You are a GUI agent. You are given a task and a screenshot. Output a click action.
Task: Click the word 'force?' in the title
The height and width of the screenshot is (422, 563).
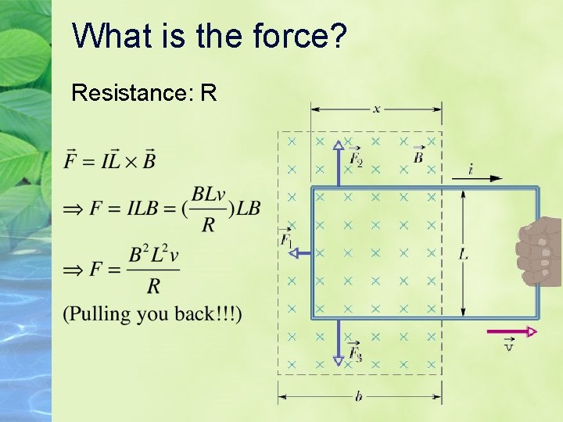tap(299, 35)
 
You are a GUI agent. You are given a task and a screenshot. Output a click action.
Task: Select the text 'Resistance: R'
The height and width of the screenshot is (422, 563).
tap(144, 93)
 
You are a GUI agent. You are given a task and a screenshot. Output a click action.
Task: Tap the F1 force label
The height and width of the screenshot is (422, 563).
tap(287, 239)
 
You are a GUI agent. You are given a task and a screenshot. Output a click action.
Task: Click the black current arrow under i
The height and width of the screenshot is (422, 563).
tap(477, 179)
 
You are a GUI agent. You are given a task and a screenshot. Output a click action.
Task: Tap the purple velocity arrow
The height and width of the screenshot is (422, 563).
tap(511, 331)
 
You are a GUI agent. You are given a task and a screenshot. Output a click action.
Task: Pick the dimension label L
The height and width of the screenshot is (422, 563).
tap(464, 254)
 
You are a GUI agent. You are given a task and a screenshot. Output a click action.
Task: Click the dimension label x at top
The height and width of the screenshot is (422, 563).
tap(377, 109)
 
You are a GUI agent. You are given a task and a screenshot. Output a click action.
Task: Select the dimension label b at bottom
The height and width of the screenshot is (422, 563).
tap(358, 397)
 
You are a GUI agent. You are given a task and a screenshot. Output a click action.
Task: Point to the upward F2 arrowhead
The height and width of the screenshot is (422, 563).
tap(339, 145)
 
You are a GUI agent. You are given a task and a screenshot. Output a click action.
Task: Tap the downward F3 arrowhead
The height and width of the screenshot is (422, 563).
tap(339, 360)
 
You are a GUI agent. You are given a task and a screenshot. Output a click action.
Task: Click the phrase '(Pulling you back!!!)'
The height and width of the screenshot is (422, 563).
tap(152, 314)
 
